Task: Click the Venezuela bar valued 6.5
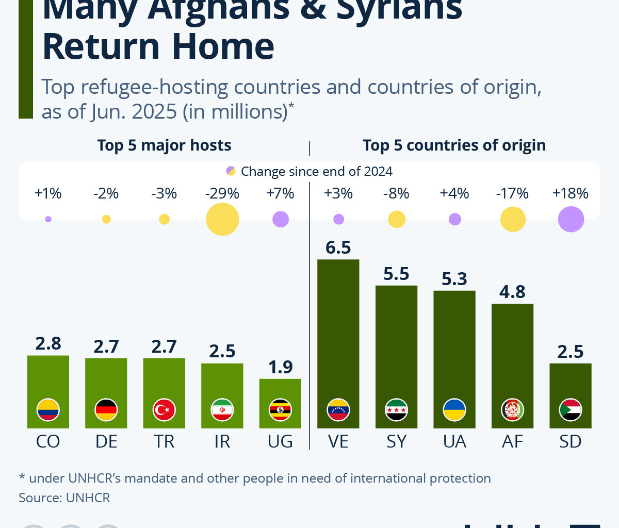point(338,330)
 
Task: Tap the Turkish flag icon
point(164,410)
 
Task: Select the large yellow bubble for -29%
point(222,219)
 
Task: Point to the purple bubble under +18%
point(571,219)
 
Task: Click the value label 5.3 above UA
point(454,279)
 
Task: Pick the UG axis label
point(280,441)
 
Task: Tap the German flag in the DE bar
point(106,410)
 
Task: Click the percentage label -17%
point(512,193)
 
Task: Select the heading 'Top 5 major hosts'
point(164,145)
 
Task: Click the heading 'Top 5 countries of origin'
point(454,145)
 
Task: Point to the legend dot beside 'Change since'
point(231,171)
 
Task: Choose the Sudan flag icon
point(571,410)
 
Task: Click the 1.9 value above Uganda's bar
point(280,367)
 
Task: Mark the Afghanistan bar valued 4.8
point(512,351)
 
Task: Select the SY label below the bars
point(396,441)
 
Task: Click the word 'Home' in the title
point(223,46)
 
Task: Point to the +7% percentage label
point(280,193)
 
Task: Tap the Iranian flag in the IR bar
point(222,410)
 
